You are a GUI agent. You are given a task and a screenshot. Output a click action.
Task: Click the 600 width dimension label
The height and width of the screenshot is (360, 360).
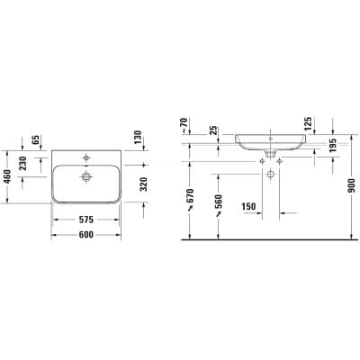point(86,234)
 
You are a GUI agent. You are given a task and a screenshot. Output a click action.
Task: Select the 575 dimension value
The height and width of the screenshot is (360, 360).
point(86,220)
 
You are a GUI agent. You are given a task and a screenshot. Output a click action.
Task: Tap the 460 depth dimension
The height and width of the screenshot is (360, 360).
point(7,177)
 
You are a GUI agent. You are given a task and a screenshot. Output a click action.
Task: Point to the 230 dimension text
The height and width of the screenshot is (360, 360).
point(23,163)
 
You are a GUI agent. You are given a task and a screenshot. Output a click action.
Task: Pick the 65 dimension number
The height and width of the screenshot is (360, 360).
point(36,139)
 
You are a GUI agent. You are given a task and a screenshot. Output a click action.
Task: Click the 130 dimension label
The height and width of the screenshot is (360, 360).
point(138,138)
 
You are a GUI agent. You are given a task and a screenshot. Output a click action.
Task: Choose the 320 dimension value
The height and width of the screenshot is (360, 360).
point(144,184)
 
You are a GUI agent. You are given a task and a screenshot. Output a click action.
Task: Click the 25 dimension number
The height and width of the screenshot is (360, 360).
point(213,130)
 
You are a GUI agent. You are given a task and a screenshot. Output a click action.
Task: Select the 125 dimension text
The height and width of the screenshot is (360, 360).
point(308,123)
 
